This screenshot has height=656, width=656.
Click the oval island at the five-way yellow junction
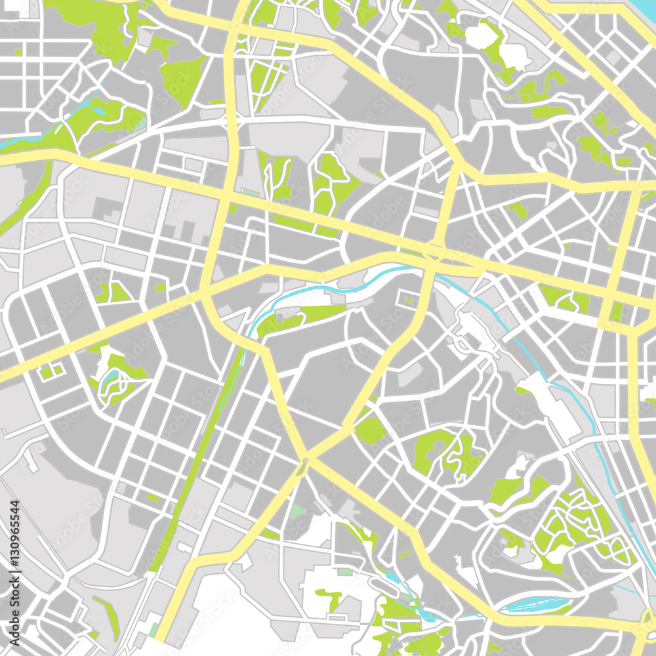click(x=302, y=466)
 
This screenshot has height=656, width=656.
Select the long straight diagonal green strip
click(x=197, y=459)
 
